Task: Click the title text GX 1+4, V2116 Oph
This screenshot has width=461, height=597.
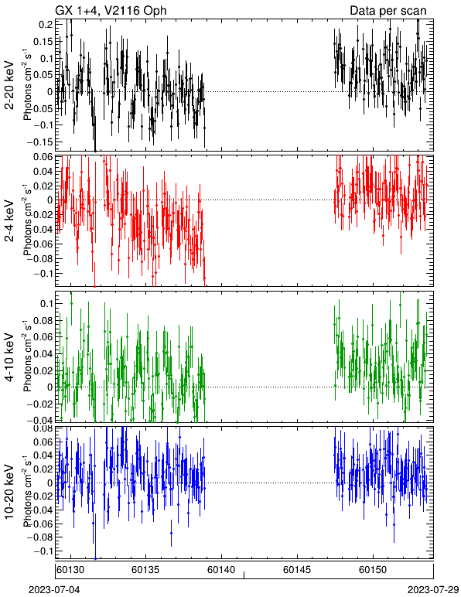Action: click(111, 10)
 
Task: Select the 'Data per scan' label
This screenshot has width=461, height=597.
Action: click(388, 11)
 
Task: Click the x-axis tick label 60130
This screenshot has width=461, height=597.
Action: click(70, 570)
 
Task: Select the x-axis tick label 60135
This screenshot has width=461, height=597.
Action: click(145, 570)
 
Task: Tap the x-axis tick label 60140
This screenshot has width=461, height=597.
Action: click(221, 570)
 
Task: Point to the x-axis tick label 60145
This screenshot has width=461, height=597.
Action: click(296, 570)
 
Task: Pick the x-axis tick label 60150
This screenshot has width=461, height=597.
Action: click(373, 570)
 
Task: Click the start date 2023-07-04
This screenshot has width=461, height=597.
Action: click(54, 590)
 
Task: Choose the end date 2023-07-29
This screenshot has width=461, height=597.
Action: click(433, 590)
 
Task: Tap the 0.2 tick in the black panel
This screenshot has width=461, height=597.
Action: click(46, 25)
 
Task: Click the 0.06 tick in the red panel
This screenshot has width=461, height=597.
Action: click(43, 157)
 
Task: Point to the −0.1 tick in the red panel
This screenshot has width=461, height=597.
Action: click(43, 274)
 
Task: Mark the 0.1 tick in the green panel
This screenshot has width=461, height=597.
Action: click(46, 303)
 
